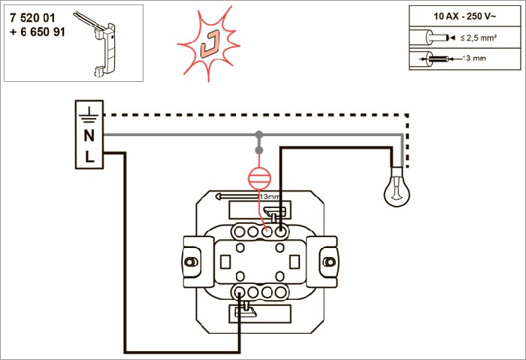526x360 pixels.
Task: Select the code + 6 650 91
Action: tap(38, 33)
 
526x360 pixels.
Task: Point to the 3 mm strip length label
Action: tap(476, 58)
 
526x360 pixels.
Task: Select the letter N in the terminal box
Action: tap(89, 136)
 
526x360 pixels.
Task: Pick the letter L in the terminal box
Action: tap(89, 157)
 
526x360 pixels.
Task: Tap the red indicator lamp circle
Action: tap(259, 179)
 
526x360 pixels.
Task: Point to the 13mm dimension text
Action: tap(268, 196)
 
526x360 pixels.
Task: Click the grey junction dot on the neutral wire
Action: tap(259, 136)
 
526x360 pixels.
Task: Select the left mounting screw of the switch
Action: tap(191, 262)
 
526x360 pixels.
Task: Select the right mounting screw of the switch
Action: tap(328, 262)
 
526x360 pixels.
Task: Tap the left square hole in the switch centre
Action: tap(226, 261)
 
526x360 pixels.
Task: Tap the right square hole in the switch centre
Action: tap(295, 261)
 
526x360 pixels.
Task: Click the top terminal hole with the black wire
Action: tap(281, 231)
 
